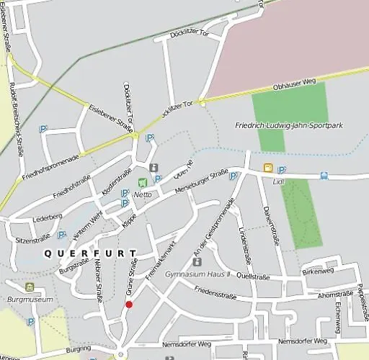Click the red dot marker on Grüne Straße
click(x=129, y=305)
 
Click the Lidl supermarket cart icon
click(x=268, y=168)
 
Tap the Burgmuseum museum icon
click(x=30, y=287)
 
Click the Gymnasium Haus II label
click(x=197, y=275)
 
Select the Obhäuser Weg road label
click(x=292, y=86)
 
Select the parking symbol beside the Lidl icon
click(x=281, y=170)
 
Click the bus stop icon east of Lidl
click(x=324, y=175)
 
